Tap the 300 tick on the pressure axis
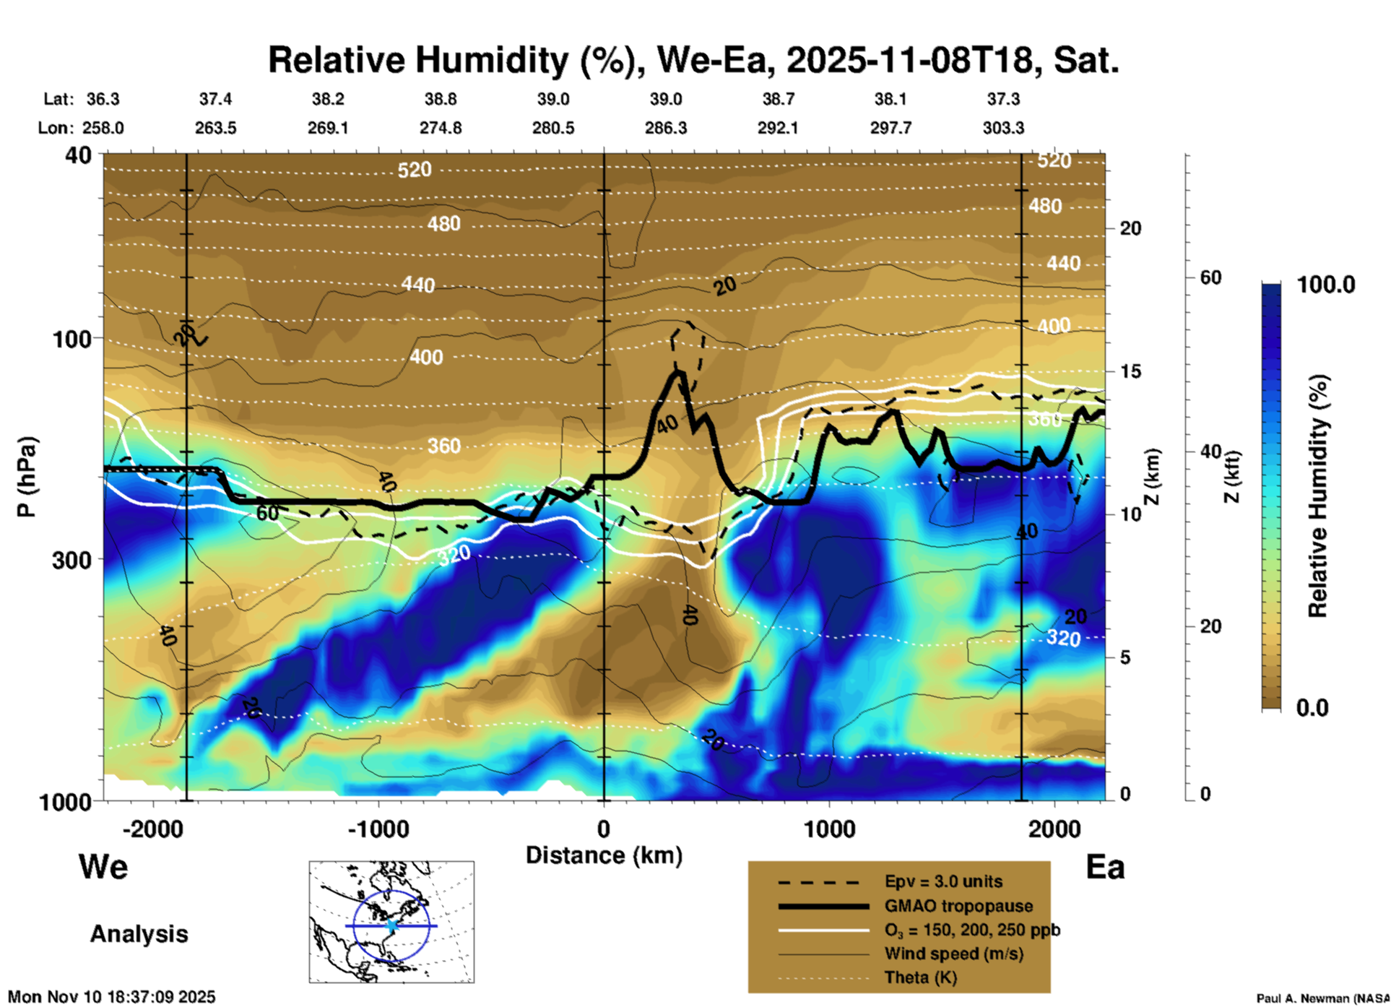click(72, 560)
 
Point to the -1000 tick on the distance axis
click(378, 829)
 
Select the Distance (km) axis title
click(604, 855)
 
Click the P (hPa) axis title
click(27, 477)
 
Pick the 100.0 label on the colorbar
click(1326, 285)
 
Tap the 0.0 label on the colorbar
click(1312, 707)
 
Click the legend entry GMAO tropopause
click(958, 906)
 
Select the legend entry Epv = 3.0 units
click(943, 881)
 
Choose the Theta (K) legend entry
click(920, 977)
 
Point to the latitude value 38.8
click(440, 99)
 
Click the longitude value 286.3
click(665, 128)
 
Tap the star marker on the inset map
click(391, 925)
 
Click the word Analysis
click(139, 934)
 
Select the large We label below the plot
click(103, 866)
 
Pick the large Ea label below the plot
click(1105, 867)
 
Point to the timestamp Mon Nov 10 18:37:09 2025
click(112, 997)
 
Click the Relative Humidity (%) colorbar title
click(1317, 496)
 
